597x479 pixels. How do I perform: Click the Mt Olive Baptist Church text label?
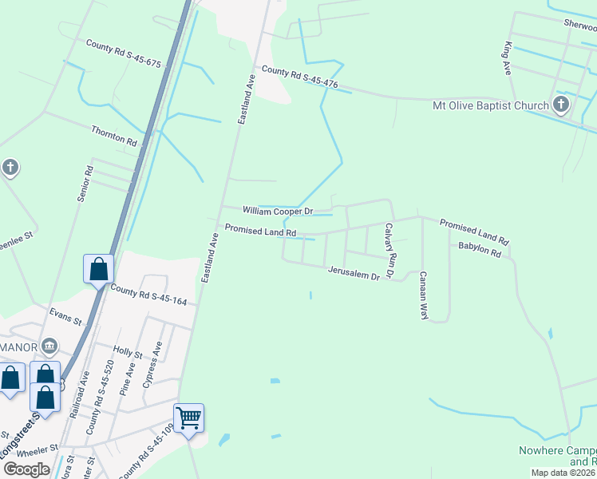490,105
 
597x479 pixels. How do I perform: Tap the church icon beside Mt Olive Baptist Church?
561,105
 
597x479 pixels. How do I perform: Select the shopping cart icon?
189,417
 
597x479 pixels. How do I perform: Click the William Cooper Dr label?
278,211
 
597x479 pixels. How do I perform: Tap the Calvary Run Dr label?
390,250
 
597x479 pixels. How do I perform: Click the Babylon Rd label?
479,251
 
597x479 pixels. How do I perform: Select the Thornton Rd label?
114,135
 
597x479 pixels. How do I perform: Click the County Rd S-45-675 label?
124,53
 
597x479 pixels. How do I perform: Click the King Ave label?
507,58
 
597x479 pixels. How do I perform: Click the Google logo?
26,469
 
